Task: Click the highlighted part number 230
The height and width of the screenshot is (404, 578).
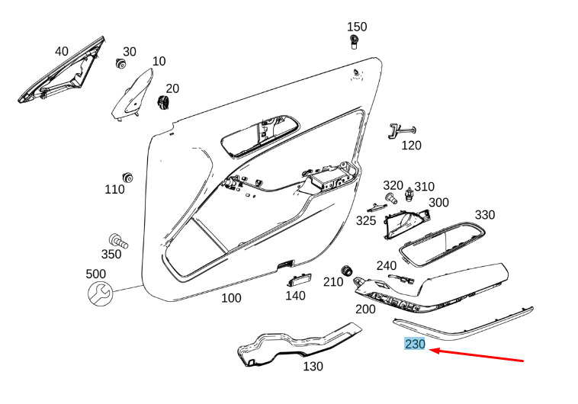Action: pos(415,345)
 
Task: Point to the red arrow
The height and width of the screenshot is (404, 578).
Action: pos(477,355)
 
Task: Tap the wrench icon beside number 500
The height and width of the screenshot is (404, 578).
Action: pos(99,292)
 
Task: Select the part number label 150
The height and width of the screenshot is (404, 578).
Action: pos(356,27)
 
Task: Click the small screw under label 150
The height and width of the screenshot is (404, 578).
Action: pos(354,40)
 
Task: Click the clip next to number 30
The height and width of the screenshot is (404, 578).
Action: pos(120,63)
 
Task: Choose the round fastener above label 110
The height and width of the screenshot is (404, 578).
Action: pos(128,178)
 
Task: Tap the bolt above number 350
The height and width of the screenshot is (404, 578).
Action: pos(117,241)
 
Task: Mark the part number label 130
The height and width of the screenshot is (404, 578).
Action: pos(313,367)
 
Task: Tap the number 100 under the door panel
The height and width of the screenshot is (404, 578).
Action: pos(231,298)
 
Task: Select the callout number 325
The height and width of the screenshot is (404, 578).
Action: pos(366,220)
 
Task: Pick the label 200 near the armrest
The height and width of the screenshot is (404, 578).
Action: pos(365,309)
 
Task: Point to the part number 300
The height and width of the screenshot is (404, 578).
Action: pos(438,202)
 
